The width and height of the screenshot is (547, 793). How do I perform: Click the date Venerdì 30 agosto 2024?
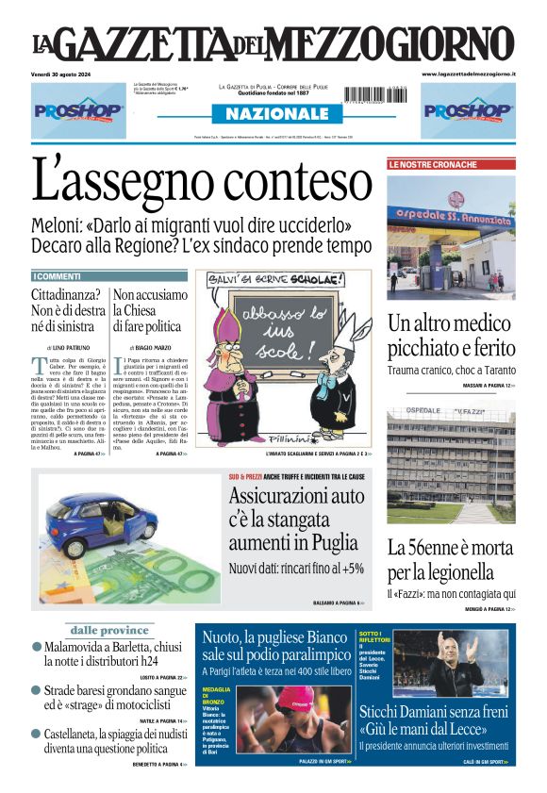(72, 74)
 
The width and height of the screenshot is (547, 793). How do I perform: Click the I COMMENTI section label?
(57, 276)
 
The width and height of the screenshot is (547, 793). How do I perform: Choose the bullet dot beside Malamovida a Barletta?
(37, 648)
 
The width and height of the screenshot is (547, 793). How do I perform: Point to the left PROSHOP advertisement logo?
(78, 110)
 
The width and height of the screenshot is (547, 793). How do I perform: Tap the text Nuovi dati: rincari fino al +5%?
(296, 569)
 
